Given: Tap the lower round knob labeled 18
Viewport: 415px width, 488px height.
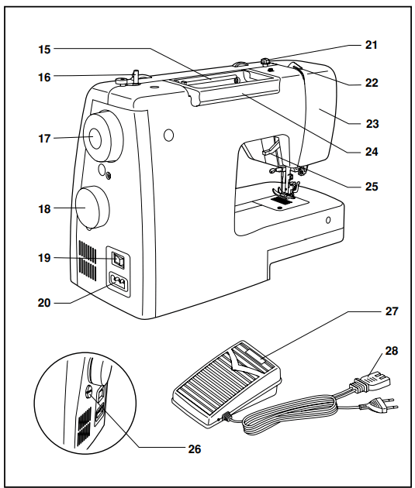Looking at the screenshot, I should [92, 207].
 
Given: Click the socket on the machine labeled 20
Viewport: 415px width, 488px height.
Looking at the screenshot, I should [119, 284].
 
